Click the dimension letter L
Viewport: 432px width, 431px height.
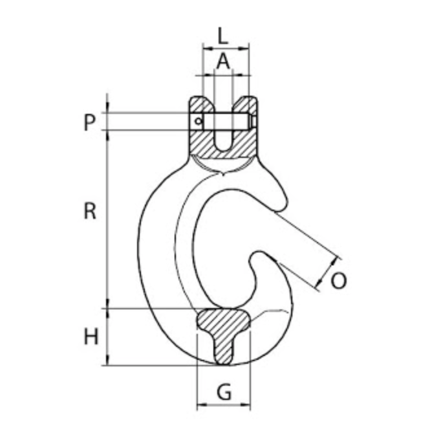pyautogui.click(x=223, y=34)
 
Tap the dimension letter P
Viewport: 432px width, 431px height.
pyautogui.click(x=90, y=122)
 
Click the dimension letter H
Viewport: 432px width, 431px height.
pyautogui.click(x=91, y=337)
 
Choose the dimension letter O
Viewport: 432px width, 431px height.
pyautogui.click(x=338, y=280)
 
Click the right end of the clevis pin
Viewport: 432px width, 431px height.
pyautogui.click(x=254, y=121)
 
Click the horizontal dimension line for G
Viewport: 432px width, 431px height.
pyautogui.click(x=223, y=406)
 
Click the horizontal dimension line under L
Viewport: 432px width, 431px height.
pyautogui.click(x=226, y=47)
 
